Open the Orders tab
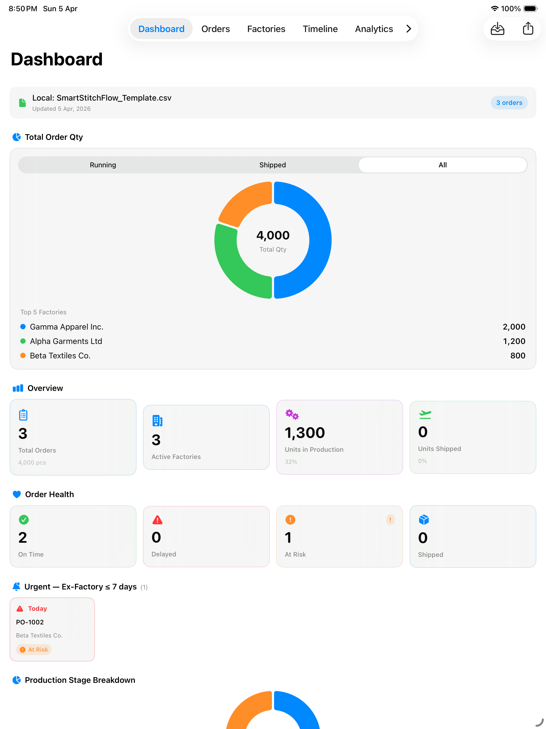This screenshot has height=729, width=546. click(215, 29)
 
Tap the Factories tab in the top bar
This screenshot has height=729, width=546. click(266, 29)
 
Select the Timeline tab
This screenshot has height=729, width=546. click(320, 29)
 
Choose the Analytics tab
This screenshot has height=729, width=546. click(374, 29)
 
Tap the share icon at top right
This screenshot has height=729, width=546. click(528, 28)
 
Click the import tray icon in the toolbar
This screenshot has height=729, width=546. click(497, 29)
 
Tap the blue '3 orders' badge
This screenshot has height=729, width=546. click(509, 102)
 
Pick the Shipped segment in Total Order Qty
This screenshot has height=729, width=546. click(272, 165)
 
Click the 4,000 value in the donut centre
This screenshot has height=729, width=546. click(273, 235)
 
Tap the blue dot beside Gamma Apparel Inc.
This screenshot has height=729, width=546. click(23, 327)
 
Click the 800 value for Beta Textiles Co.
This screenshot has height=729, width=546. click(518, 356)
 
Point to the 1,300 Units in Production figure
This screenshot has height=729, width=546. click(305, 433)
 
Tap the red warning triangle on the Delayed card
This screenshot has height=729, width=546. click(157, 520)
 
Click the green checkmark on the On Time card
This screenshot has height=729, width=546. click(24, 520)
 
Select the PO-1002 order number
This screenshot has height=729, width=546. click(30, 622)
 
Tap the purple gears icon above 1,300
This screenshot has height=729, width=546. click(292, 414)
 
